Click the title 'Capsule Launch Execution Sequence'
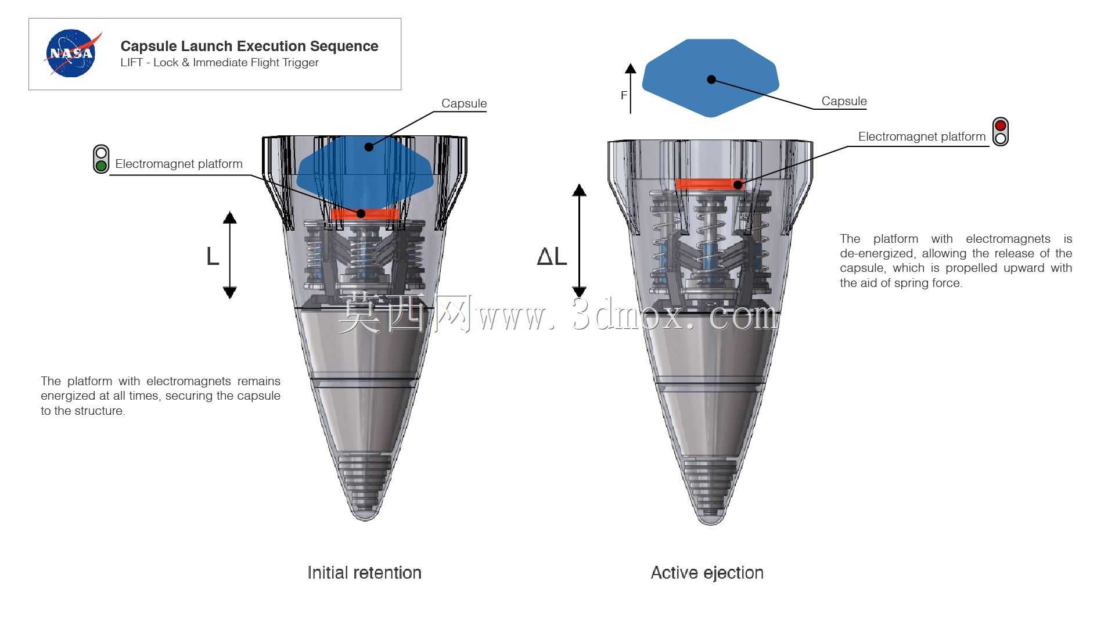point(249,46)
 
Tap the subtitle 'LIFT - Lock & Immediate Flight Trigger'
point(220,63)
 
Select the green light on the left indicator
point(101,166)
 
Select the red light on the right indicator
point(1000,125)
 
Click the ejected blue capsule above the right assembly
point(710,78)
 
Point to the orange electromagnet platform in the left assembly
point(365,214)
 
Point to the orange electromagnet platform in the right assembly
point(709,184)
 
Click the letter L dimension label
point(213,256)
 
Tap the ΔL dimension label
point(552,256)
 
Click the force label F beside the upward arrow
point(624,95)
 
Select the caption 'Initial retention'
point(364,573)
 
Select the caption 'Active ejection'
point(707,573)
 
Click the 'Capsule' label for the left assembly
point(464,103)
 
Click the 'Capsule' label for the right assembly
point(844,101)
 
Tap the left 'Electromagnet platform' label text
point(179,164)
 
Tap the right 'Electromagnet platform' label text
point(922,137)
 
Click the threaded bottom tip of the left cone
point(365,488)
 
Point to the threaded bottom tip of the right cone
point(710,491)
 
